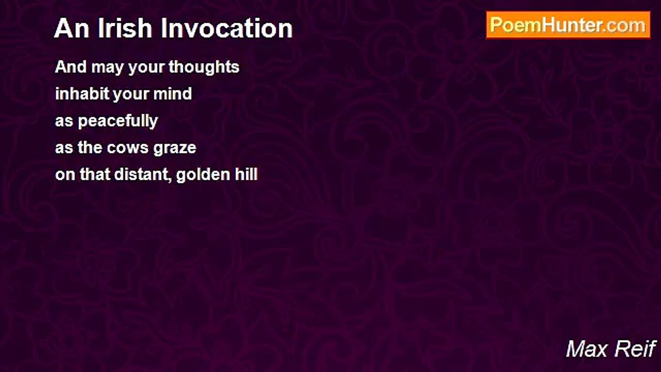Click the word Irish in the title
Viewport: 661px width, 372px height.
(x=125, y=28)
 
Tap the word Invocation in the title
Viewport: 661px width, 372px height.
(x=227, y=28)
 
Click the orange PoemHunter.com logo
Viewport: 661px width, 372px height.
(x=568, y=25)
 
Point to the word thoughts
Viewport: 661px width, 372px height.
(x=204, y=67)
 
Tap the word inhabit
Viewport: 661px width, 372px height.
(x=82, y=94)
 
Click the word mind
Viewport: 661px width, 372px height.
(x=172, y=94)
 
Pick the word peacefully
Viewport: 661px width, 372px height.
(x=118, y=121)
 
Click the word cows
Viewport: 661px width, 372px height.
(x=128, y=148)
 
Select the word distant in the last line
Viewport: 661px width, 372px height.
(x=143, y=175)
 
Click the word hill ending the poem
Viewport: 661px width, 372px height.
(x=246, y=174)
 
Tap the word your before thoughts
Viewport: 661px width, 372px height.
(x=146, y=68)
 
